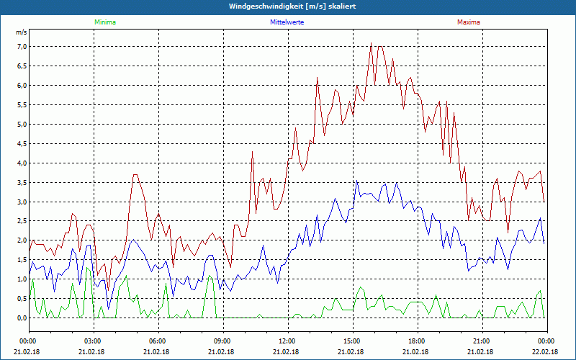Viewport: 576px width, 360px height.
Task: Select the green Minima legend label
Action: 104,22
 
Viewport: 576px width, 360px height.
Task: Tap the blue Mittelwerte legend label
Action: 287,22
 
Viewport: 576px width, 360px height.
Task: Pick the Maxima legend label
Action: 468,22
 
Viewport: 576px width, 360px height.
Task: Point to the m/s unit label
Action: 21,33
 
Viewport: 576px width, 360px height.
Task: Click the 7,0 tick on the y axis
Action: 21,47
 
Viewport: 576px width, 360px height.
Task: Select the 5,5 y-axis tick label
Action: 21,105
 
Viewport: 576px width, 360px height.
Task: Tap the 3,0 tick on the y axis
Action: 21,202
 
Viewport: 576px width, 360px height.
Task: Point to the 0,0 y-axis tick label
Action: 21,318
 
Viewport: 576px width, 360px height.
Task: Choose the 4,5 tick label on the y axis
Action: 21,143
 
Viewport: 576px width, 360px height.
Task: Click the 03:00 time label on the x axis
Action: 93,341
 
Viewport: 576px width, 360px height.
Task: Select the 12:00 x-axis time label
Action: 287,341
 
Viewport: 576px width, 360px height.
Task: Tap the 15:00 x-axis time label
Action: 352,341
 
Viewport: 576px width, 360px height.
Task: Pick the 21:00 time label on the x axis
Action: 482,341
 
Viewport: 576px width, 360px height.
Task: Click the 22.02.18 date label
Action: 545,352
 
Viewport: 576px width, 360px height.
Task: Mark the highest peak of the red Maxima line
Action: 371,43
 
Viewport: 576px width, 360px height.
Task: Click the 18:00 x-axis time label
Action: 417,341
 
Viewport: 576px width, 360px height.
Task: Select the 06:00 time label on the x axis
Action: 158,341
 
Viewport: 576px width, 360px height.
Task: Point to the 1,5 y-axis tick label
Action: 21,259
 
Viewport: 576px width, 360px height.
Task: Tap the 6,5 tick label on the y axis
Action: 21,66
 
